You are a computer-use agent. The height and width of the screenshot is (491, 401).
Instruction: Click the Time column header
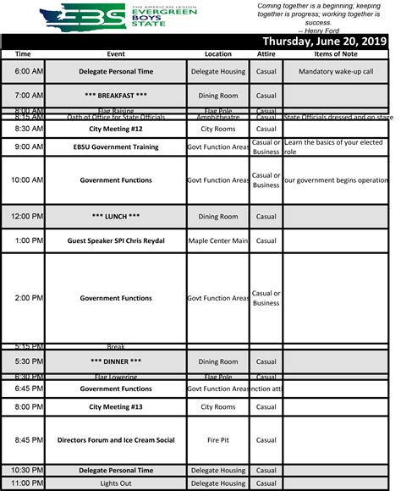(23, 53)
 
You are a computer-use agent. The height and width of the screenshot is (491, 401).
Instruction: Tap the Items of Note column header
(335, 53)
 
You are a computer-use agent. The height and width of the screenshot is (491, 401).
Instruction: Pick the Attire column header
(266, 53)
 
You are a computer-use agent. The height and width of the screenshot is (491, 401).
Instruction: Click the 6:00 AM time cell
(23, 71)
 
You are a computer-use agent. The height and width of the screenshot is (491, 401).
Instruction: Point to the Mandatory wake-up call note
(335, 71)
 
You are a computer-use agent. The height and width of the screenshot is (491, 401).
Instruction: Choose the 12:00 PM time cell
(23, 217)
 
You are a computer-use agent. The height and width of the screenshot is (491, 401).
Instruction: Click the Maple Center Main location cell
(217, 240)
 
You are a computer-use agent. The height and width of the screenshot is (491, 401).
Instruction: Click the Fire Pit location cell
(217, 439)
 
